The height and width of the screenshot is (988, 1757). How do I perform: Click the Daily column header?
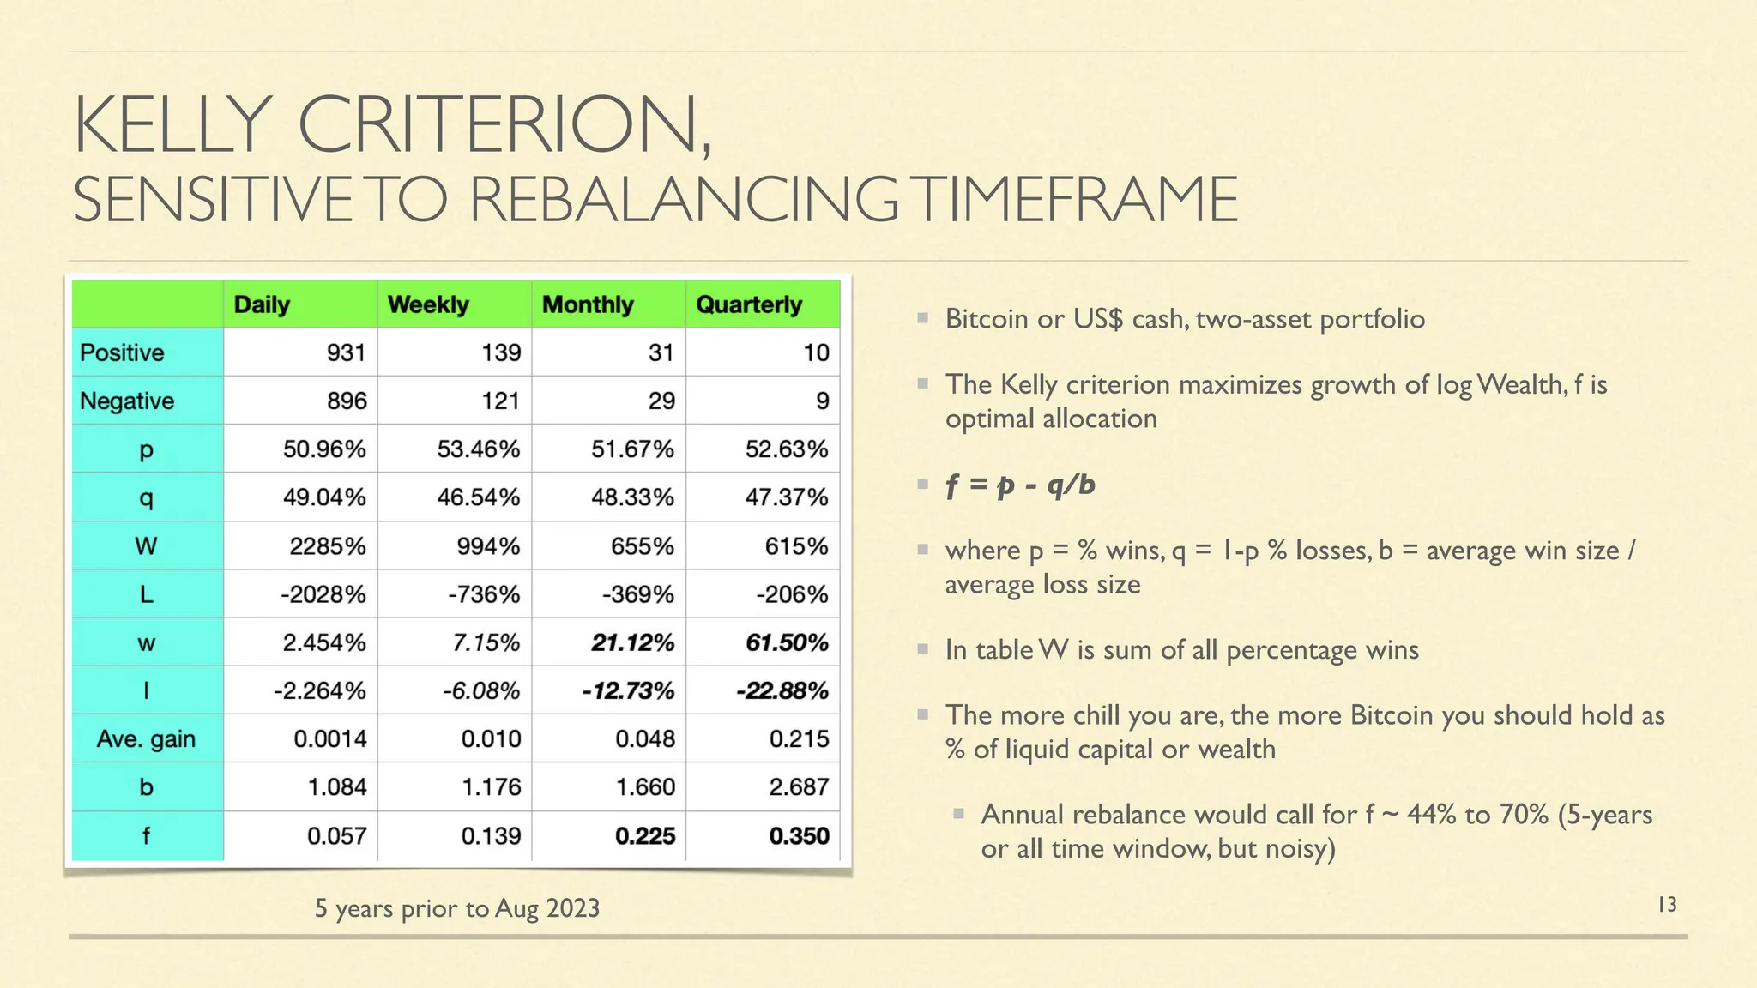(x=262, y=304)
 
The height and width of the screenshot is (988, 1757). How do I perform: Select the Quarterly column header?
(x=748, y=304)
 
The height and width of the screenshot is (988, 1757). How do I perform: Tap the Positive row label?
(x=122, y=352)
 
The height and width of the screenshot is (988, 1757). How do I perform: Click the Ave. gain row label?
(x=146, y=738)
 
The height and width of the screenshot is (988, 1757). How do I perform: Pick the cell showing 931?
(x=346, y=352)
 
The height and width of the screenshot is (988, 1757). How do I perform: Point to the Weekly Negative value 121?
(x=500, y=401)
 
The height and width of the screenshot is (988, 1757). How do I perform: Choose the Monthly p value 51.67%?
(x=632, y=449)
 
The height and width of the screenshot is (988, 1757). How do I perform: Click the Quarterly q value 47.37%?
(x=786, y=497)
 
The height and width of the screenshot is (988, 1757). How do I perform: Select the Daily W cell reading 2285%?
(x=327, y=545)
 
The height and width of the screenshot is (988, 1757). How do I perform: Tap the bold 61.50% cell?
(x=786, y=642)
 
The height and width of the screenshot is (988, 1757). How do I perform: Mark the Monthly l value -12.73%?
(x=628, y=690)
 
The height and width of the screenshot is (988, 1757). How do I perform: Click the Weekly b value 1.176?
(x=491, y=786)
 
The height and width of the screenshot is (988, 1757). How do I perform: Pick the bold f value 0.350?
(x=799, y=835)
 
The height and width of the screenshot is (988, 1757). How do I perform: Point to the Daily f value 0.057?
(x=336, y=835)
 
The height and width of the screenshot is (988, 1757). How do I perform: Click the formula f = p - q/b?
(x=1020, y=485)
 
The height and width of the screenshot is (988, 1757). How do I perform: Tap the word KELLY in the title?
(x=172, y=125)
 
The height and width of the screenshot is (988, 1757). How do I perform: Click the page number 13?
(x=1666, y=904)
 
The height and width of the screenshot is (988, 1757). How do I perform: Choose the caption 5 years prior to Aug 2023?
(x=456, y=907)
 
